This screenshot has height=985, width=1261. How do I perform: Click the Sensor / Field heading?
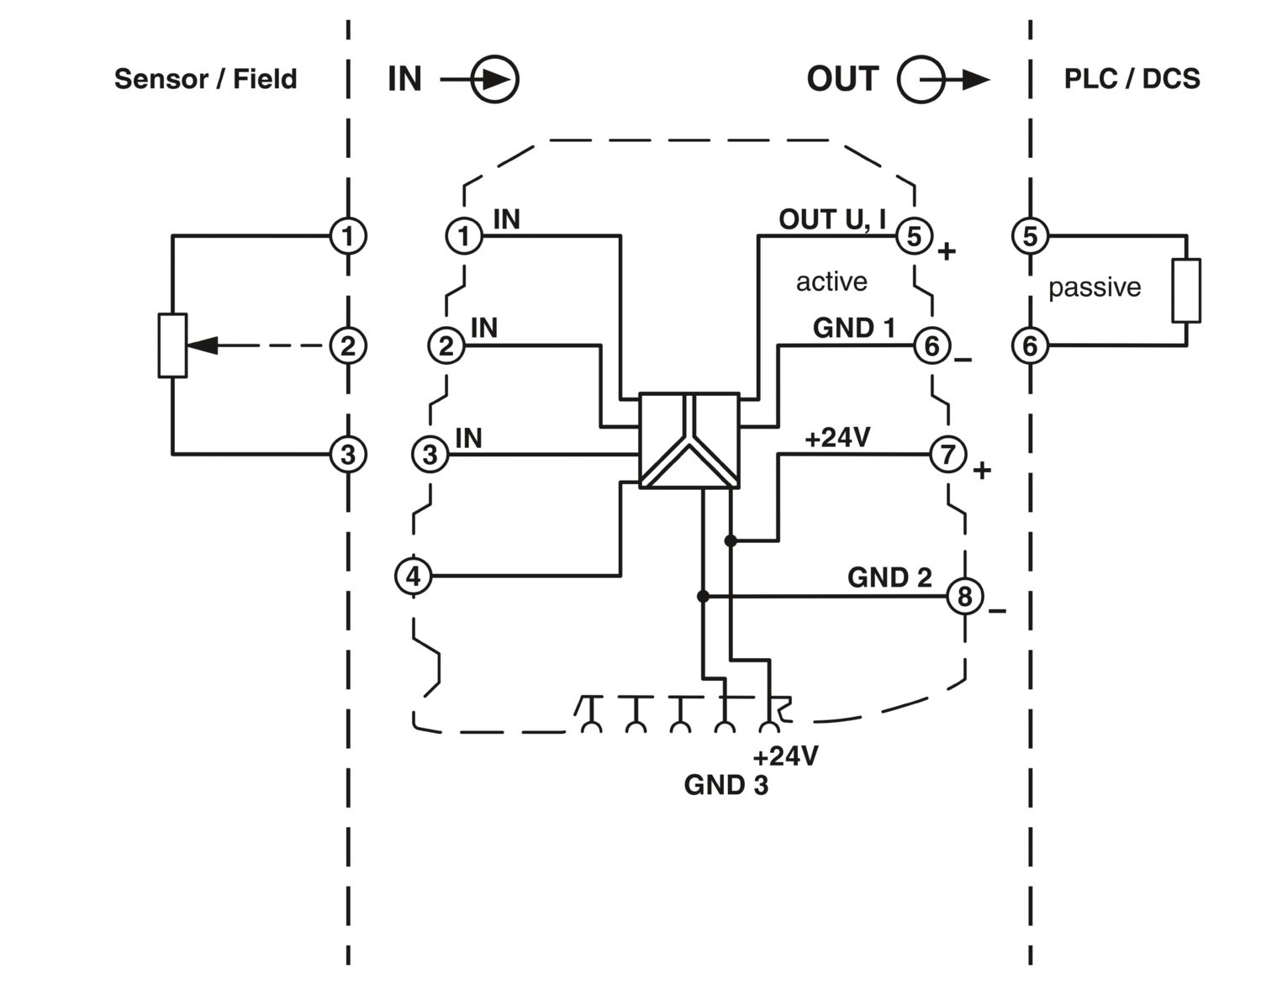pyautogui.click(x=205, y=79)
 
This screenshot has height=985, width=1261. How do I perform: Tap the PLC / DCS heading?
pyautogui.click(x=1132, y=79)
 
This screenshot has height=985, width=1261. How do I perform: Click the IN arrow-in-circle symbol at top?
pyautogui.click(x=494, y=80)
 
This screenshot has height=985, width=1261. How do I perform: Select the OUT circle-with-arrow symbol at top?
pyautogui.click(x=922, y=80)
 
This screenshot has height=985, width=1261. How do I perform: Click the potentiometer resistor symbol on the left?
pyautogui.click(x=172, y=345)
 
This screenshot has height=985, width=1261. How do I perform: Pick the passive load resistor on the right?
pyautogui.click(x=1186, y=291)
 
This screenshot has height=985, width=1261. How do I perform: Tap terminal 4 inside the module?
pyautogui.click(x=413, y=577)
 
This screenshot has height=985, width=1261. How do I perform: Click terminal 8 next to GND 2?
pyautogui.click(x=964, y=596)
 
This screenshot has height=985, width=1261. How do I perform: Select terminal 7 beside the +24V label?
pyautogui.click(x=947, y=455)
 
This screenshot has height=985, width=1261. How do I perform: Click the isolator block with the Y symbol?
pyautogui.click(x=689, y=440)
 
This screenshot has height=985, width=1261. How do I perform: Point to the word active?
pyautogui.click(x=831, y=282)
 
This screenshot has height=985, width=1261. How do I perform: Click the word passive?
pyautogui.click(x=1094, y=287)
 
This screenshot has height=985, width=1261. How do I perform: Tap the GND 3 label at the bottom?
pyautogui.click(x=725, y=785)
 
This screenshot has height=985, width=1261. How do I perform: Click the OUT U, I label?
pyautogui.click(x=832, y=219)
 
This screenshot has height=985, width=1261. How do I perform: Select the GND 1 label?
pyautogui.click(x=853, y=328)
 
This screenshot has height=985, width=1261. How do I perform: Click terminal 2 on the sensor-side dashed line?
pyautogui.click(x=347, y=345)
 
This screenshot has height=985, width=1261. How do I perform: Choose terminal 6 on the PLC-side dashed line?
pyautogui.click(x=1030, y=345)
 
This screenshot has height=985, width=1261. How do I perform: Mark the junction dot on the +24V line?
pyautogui.click(x=731, y=540)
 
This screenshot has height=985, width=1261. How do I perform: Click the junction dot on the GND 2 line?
pyautogui.click(x=703, y=596)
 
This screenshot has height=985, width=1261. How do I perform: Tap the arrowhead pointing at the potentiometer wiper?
pyautogui.click(x=202, y=345)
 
